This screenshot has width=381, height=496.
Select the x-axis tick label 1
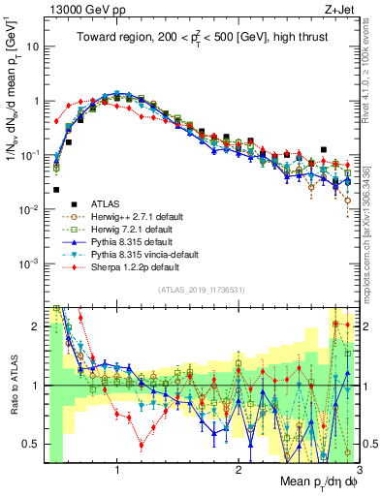(117, 471)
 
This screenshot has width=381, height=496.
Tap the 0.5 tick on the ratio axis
(33, 444)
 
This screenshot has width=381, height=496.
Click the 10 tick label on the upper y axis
(33, 46)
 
